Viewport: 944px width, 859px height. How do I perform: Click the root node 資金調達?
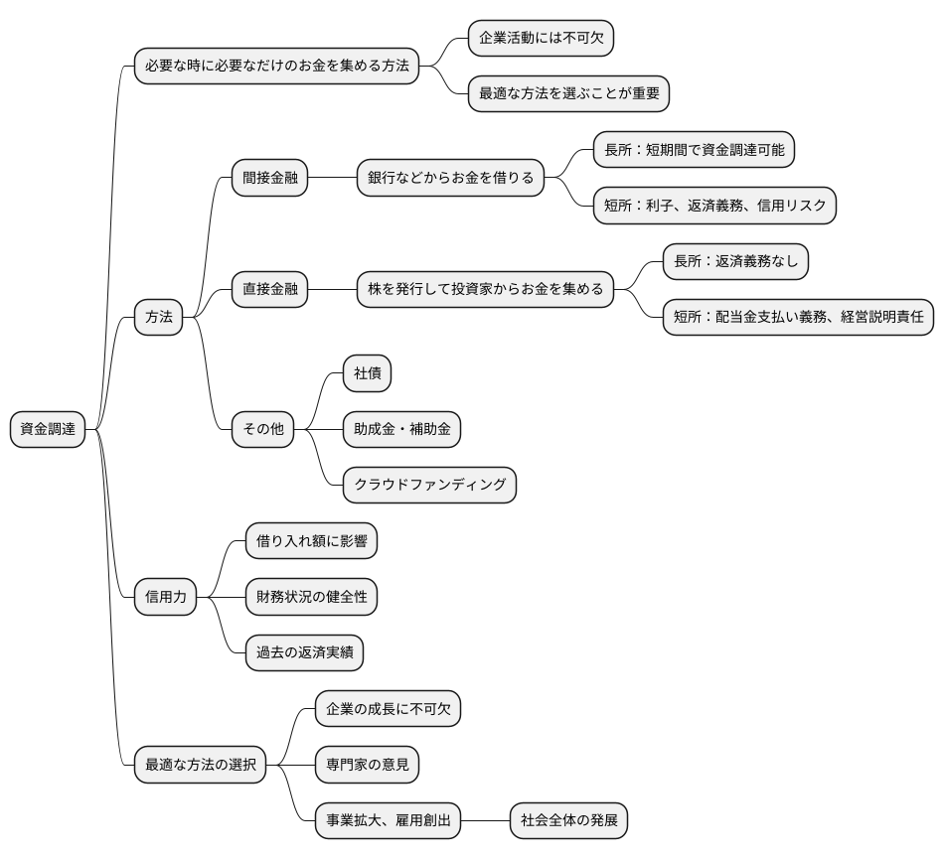click(x=48, y=429)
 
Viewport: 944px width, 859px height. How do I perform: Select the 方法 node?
click(x=159, y=318)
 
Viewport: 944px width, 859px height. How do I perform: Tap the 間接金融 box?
click(x=269, y=179)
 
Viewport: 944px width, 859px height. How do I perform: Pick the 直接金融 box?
click(x=269, y=290)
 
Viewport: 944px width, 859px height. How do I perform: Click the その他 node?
click(x=262, y=429)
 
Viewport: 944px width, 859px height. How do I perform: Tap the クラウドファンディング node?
click(x=429, y=485)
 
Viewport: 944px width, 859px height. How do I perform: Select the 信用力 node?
click(x=165, y=597)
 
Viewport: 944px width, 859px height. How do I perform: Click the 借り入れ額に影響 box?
click(x=311, y=541)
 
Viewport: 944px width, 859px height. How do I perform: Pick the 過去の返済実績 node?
click(x=304, y=652)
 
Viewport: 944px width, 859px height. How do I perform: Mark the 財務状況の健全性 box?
click(x=311, y=597)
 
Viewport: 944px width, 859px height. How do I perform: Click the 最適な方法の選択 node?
click(x=201, y=765)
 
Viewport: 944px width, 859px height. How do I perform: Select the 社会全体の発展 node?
click(x=569, y=820)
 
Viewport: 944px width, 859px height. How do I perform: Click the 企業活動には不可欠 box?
click(x=541, y=40)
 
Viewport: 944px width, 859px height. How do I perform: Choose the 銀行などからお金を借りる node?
click(x=450, y=179)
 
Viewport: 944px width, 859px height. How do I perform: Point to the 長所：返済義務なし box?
click(x=736, y=262)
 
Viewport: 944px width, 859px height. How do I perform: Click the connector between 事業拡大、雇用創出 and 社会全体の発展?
click(x=486, y=820)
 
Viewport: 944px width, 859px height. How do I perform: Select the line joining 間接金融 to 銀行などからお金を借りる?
click(x=332, y=179)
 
